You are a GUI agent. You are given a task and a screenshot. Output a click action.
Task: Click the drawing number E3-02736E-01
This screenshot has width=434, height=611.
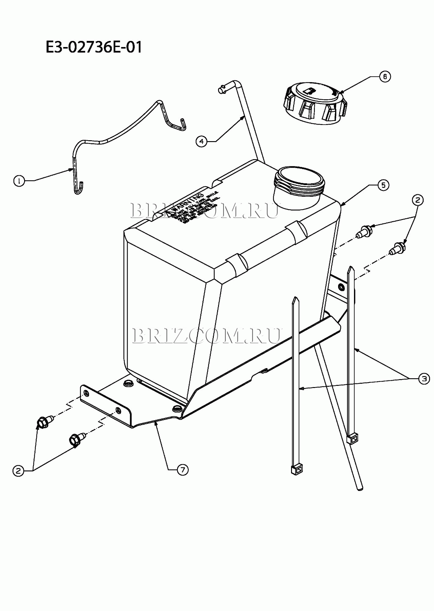coord(94,48)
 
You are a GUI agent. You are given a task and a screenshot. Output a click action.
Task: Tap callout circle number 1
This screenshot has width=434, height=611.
coord(19,181)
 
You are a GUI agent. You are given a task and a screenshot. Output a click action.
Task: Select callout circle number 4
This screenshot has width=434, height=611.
coord(201,141)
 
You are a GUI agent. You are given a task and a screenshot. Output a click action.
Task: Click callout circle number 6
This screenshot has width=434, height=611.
coord(385,76)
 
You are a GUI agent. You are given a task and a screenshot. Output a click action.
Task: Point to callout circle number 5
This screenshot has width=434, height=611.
coord(383,185)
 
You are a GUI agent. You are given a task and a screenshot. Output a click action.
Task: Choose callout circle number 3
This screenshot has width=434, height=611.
coord(424,379)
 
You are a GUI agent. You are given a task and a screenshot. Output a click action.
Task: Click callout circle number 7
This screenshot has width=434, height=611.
coord(183,470)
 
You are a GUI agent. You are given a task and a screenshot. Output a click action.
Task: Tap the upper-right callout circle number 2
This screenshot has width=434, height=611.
coord(418,200)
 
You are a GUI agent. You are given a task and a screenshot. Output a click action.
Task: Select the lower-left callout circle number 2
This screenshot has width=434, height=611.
coord(18,471)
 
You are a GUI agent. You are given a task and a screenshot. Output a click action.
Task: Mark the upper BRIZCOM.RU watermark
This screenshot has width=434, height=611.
coord(204,211)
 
